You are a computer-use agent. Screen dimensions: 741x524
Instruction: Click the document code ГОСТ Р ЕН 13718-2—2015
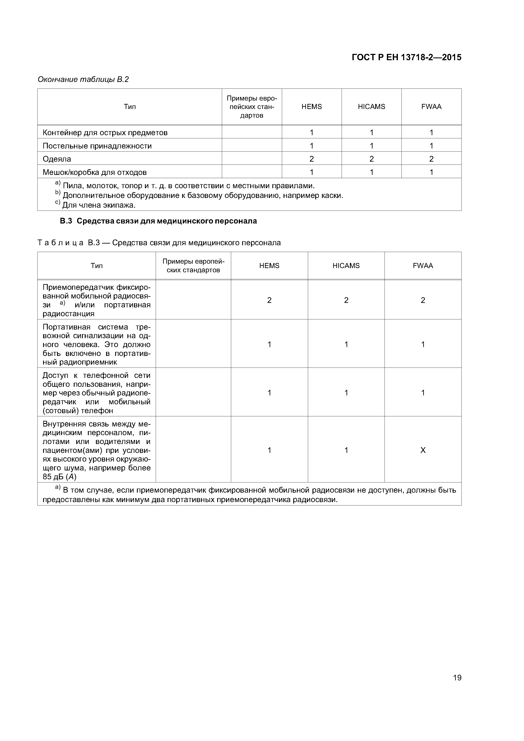[x=406, y=57]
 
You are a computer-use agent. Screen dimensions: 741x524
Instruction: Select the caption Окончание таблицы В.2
[x=83, y=79]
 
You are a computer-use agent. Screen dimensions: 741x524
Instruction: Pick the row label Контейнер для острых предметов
[x=105, y=133]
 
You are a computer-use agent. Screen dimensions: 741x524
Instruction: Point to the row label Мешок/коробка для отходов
[x=95, y=172]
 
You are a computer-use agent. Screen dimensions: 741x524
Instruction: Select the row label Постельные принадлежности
[x=97, y=146]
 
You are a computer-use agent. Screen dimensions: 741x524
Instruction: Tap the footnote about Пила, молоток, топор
[x=188, y=186]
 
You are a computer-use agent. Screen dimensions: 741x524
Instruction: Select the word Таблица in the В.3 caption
[x=61, y=243]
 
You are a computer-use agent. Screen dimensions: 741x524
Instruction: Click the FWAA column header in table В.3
[x=423, y=266]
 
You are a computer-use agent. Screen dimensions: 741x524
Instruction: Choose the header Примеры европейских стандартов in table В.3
[x=193, y=266]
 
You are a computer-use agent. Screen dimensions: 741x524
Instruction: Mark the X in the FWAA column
[x=423, y=450]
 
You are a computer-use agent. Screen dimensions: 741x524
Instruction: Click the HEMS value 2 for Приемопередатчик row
[x=269, y=300]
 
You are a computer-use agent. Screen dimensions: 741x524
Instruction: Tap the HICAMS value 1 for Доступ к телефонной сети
[x=346, y=393]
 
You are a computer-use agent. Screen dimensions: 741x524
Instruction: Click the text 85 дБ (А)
[x=59, y=477]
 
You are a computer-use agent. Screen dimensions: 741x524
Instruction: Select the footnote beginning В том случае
[x=249, y=495]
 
